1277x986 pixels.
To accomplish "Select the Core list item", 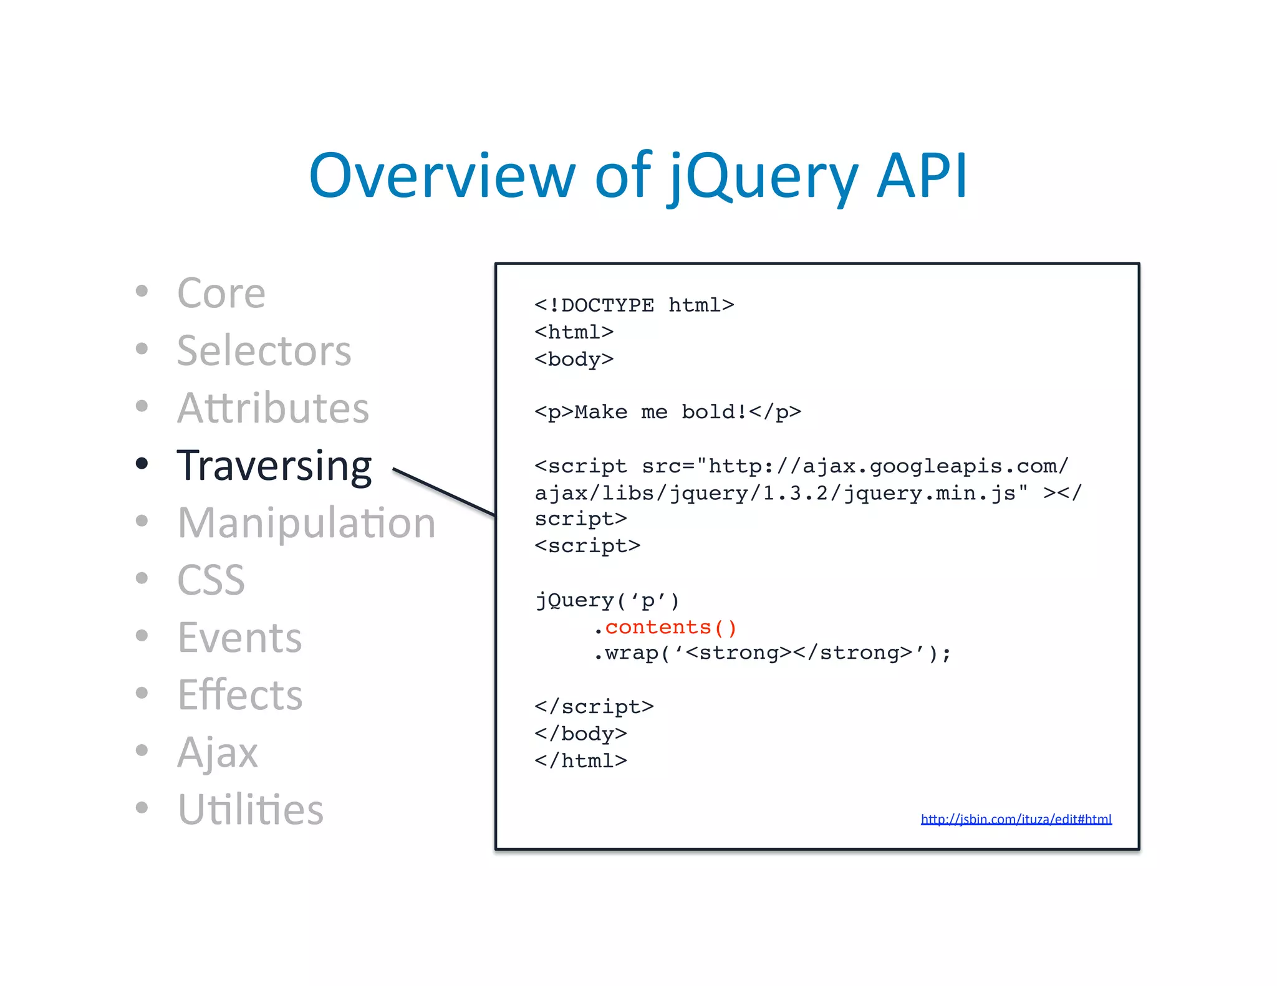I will pos(221,293).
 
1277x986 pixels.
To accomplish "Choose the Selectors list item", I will pos(264,350).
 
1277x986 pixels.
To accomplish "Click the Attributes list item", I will pos(273,408).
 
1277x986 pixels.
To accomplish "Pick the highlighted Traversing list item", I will pos(274,466).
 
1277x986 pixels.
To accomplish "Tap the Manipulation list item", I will pos(306,523).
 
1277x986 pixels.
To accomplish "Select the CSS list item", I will pos(211,580).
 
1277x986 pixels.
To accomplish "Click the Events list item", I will pos(239,638).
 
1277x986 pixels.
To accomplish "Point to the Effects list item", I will pos(240,695).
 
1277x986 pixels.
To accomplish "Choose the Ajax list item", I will pos(217,752).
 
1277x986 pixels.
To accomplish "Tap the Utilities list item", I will pos(251,810).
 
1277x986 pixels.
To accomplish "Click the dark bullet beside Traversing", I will pos(142,463).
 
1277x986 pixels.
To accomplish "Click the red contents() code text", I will pos(670,627).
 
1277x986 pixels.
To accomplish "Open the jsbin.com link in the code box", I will pos(1016,819).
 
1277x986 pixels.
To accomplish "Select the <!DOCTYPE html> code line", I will pos(634,305).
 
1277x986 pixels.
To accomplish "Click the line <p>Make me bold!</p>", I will pos(667,412).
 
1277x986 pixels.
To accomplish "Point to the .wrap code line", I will pos(772,653).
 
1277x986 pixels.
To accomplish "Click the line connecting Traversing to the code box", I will pos(444,492).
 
